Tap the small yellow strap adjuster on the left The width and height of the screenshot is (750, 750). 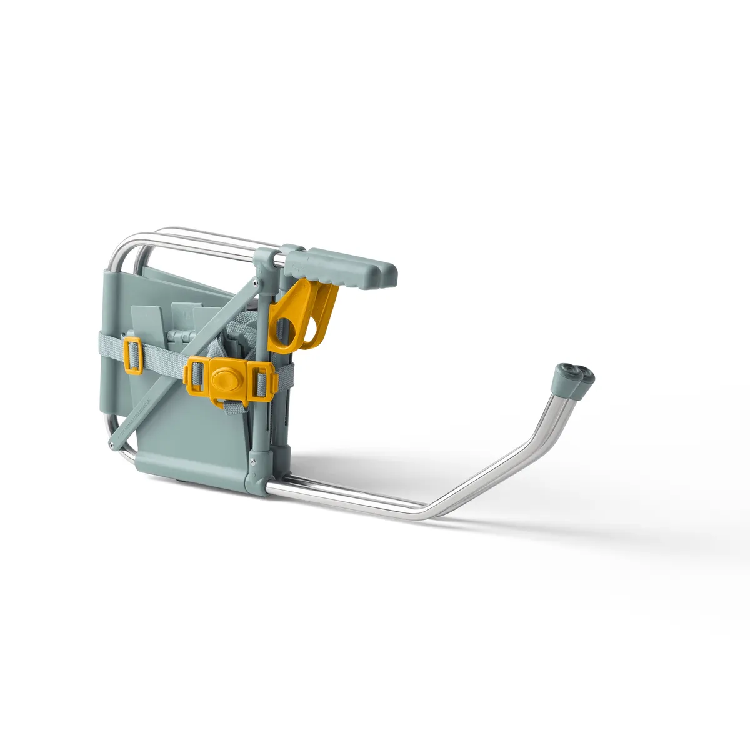[x=134, y=354]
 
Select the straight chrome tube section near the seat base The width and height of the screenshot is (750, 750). [x=350, y=494]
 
